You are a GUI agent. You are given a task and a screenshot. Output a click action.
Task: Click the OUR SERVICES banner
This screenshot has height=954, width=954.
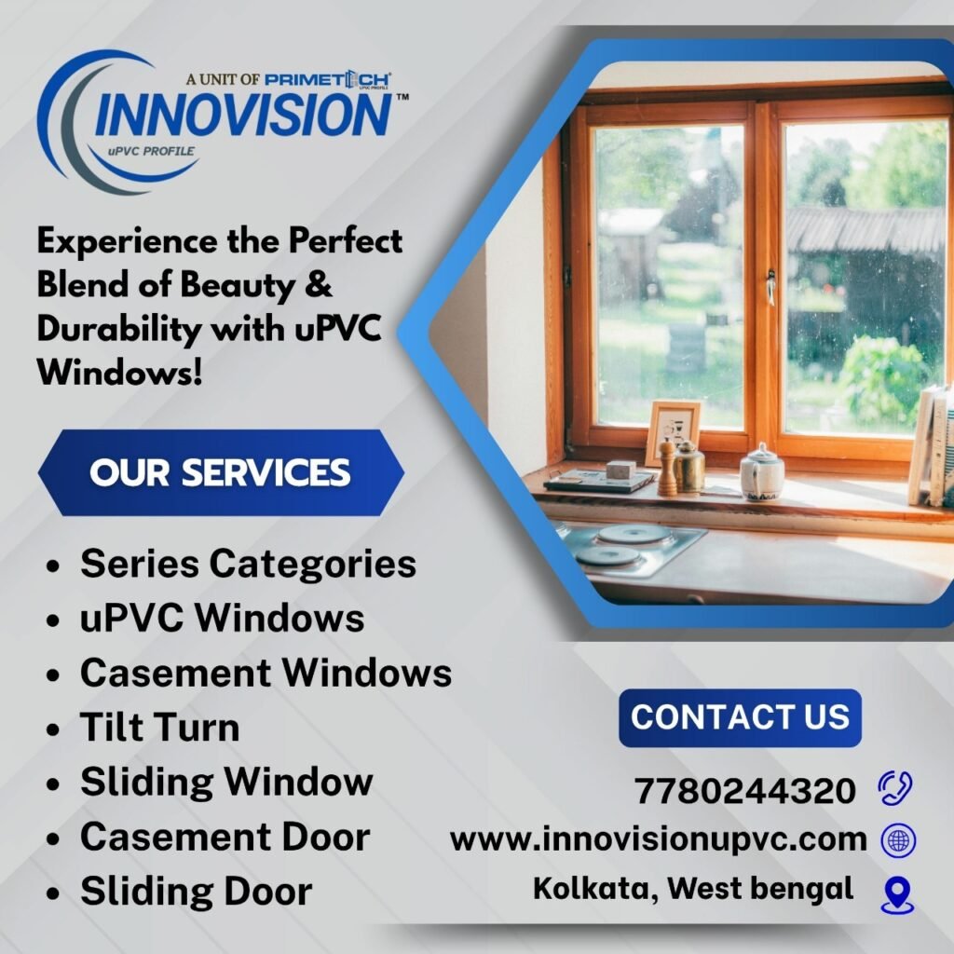220,472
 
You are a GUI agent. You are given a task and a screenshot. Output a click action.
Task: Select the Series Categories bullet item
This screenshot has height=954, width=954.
248,564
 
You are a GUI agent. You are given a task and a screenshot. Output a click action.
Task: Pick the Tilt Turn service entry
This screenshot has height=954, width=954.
159,727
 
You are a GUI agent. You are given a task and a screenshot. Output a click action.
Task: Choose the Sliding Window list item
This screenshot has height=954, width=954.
226,781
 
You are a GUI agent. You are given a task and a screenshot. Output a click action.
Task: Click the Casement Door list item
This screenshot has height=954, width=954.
225,836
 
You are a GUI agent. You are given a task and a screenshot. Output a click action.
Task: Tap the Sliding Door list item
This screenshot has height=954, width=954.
196,891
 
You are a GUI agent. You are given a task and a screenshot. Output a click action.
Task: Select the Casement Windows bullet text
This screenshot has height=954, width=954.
266,673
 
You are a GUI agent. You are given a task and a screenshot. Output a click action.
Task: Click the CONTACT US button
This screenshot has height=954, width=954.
740,717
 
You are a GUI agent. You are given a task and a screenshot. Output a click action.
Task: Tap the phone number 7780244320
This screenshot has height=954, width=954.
744,791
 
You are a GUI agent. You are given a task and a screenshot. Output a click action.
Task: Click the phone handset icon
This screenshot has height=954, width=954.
896,789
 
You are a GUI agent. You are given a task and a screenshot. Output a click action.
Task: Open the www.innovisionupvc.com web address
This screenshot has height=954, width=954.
658,839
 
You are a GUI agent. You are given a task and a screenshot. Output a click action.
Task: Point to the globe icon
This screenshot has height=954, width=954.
898,840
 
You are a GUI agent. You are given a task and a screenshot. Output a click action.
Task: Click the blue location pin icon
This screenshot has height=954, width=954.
897,893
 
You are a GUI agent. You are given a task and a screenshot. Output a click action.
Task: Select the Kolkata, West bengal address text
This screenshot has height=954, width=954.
693,889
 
